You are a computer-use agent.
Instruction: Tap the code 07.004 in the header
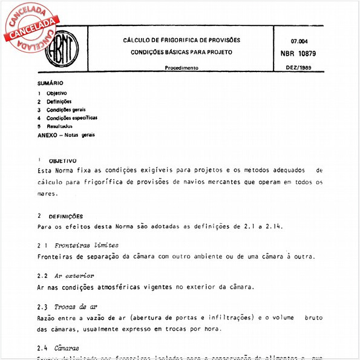click(299, 41)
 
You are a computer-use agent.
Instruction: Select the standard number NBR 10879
click(301, 53)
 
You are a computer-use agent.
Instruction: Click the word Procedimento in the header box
click(182, 68)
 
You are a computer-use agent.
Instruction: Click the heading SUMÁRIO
click(50, 83)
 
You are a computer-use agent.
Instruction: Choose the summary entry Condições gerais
click(66, 110)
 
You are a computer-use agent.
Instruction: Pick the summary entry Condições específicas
click(71, 119)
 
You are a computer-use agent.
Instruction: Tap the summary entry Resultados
click(59, 126)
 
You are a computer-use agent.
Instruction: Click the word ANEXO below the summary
click(48, 135)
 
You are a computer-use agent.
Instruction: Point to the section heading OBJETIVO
click(62, 161)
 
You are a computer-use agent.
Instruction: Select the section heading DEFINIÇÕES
click(65, 216)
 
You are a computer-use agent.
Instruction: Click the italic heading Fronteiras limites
click(87, 246)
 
